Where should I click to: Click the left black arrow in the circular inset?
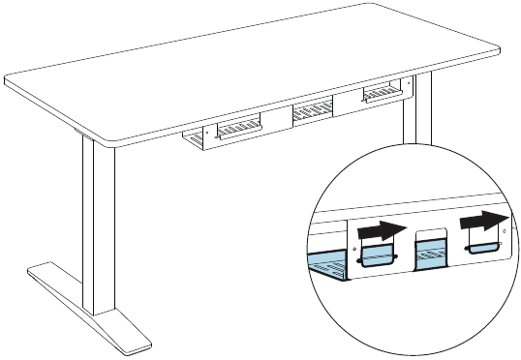point(379,231)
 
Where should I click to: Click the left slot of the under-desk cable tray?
point(237,129)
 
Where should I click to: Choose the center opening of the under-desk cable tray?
point(311,110)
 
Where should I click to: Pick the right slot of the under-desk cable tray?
point(379,94)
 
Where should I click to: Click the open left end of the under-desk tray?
point(194,141)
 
